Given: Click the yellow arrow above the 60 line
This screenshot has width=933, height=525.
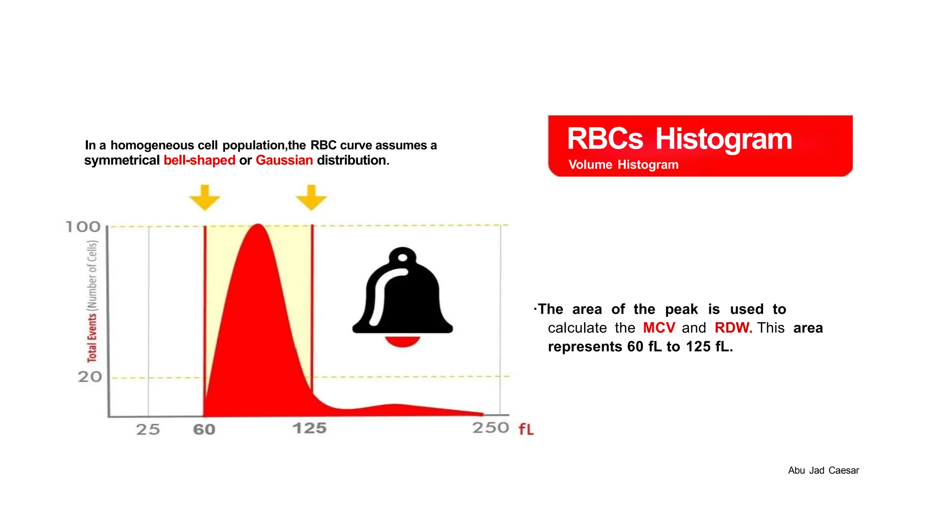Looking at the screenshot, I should pos(205,197).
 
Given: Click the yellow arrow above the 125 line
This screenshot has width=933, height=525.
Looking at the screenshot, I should pos(311,197).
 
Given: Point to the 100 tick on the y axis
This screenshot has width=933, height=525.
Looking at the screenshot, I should pos(83,226).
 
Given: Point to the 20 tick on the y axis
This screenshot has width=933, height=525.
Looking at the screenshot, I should pos(90,377).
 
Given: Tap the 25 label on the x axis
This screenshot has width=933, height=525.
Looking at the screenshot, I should pos(148,429).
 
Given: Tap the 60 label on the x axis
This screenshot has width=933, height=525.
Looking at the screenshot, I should pos(204,429).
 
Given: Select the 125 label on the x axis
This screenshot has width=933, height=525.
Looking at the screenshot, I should pos(310,428).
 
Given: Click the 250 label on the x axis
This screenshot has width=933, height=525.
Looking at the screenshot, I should pos(491,427).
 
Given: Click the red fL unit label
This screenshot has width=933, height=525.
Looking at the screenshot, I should pos(526,429).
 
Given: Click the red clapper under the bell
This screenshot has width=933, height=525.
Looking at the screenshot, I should pos(403,341).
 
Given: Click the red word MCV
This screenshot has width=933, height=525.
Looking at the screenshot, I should pos(659,328).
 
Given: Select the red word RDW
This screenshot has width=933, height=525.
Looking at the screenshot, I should pos(733,328).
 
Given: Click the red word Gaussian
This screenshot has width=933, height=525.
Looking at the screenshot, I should pos(284,160).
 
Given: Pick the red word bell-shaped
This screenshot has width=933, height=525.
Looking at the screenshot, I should pos(200,160).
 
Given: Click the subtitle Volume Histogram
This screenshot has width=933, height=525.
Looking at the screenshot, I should pos(623,165).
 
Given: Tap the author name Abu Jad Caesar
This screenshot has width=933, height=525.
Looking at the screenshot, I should pos(823,470).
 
